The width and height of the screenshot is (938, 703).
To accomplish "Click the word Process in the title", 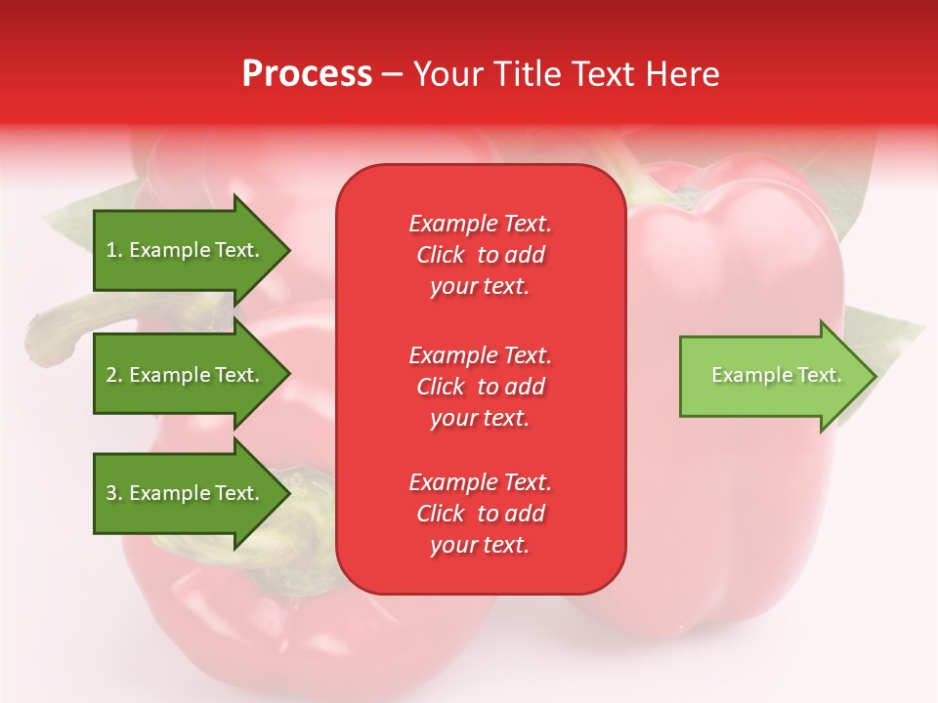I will click(x=307, y=74).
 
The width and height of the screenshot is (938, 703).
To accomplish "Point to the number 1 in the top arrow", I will click(x=111, y=250).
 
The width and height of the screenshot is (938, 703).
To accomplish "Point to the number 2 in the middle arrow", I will click(x=111, y=375).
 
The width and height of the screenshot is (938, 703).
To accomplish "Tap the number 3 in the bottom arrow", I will click(x=111, y=493).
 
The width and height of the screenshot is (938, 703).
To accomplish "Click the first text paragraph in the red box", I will click(x=480, y=255).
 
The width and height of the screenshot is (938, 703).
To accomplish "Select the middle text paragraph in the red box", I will click(x=480, y=387).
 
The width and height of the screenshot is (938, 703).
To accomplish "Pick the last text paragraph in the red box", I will click(x=480, y=514).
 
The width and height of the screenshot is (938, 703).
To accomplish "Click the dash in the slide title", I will click(x=392, y=75).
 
